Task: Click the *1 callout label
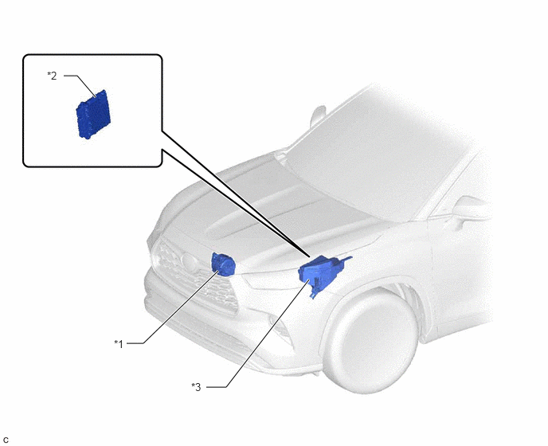(x=119, y=344)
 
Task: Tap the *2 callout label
(x=52, y=76)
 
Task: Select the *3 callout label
(x=196, y=387)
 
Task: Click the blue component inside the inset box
(x=93, y=115)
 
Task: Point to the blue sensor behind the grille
(x=223, y=264)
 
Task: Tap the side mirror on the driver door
(x=470, y=209)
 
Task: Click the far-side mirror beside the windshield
(x=317, y=116)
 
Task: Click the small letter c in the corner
(x=6, y=440)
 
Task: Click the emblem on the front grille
(x=188, y=260)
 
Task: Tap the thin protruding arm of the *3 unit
(x=344, y=260)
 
